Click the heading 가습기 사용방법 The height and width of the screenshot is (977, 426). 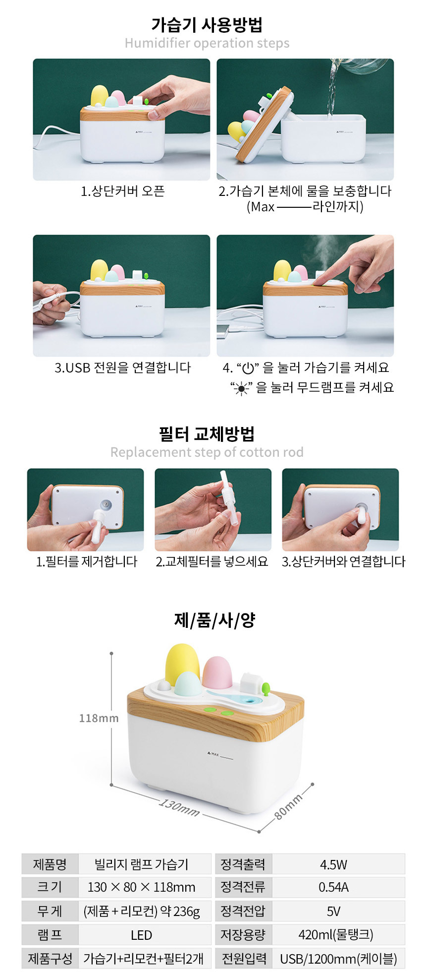[x=207, y=24]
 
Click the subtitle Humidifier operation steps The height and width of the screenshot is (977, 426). [x=207, y=43]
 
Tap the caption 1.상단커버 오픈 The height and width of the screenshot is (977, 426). [x=122, y=191]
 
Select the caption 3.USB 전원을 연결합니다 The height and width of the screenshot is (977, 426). [x=122, y=367]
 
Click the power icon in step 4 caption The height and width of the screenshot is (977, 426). [x=248, y=368]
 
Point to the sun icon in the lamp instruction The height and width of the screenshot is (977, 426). [x=241, y=388]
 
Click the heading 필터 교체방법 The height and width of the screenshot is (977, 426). [x=207, y=434]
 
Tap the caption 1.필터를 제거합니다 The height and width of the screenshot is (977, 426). [x=86, y=561]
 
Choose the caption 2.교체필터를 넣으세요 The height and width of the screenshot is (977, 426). [x=212, y=561]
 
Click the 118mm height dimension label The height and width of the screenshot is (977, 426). [x=99, y=718]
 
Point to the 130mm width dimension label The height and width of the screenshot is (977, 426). [x=179, y=808]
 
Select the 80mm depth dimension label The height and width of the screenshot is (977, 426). [x=288, y=806]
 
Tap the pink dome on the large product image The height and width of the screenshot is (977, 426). [x=217, y=672]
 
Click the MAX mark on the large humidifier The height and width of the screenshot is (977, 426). [x=213, y=754]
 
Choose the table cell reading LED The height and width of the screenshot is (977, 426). [x=141, y=935]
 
